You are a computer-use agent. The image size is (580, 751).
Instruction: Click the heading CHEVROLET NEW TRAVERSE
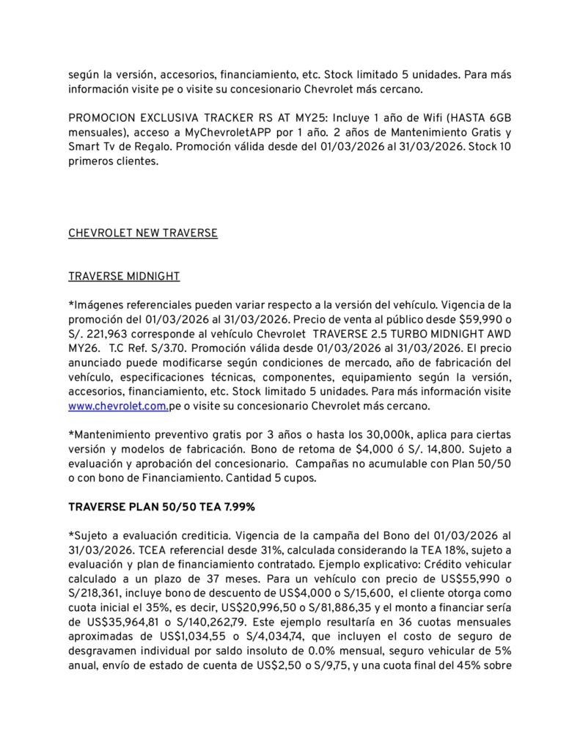pos(143,233)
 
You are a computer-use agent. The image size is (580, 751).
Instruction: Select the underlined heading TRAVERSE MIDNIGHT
pos(123,276)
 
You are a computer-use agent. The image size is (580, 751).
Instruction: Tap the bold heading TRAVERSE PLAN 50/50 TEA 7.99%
pos(161,507)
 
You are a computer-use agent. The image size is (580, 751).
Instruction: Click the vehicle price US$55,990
pos(471,579)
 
